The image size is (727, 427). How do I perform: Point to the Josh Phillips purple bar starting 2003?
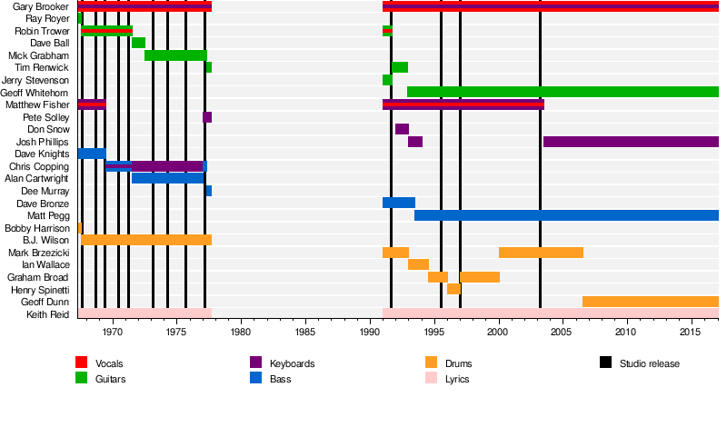631,142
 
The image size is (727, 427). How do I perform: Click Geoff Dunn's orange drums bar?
650,302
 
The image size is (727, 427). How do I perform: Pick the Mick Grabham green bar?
175,55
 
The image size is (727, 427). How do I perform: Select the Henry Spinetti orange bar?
453,289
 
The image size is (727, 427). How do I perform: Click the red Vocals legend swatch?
81,363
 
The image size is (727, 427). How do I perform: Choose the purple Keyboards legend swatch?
255,363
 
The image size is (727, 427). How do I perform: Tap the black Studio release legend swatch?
605,363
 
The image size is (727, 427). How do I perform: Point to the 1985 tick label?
305,333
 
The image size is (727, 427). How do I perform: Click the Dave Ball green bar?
138,43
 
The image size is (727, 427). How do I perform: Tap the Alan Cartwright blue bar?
168,178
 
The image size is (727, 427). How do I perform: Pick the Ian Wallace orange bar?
418,264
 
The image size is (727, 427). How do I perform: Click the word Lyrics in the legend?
457,379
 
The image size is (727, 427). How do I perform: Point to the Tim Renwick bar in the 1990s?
400,67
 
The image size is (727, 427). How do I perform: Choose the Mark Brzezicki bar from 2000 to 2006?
541,253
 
